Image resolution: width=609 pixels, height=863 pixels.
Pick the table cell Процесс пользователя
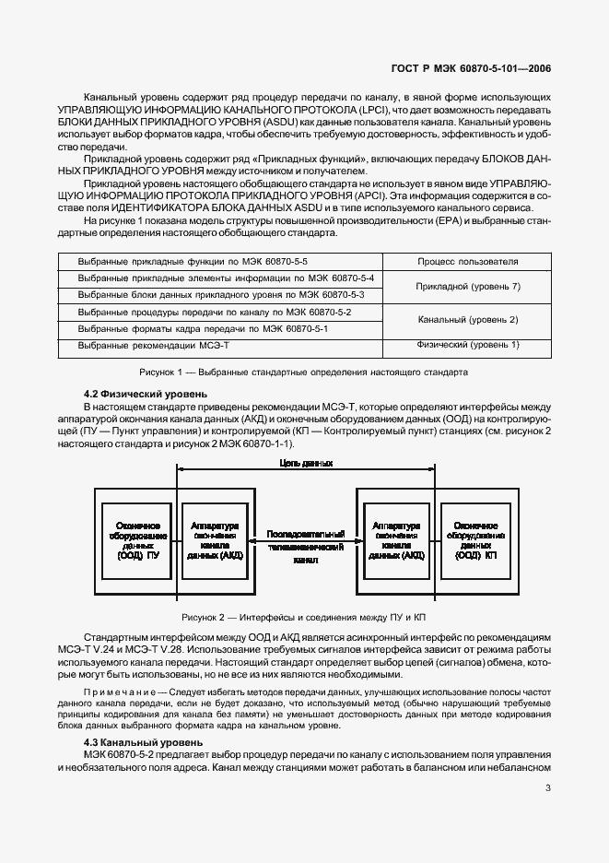[x=467, y=262]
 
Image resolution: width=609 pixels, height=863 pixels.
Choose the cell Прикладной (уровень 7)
[x=467, y=287]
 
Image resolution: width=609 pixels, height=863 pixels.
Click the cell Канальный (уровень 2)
[x=467, y=320]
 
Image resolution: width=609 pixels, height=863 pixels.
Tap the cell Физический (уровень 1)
[x=467, y=345]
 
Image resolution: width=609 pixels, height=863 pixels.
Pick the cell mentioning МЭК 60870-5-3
[x=221, y=294]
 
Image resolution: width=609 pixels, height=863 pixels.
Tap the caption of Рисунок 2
[x=304, y=617]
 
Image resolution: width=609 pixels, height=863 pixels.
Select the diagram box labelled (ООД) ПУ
[x=132, y=539]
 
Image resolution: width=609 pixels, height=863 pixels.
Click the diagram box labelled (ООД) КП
[x=477, y=539]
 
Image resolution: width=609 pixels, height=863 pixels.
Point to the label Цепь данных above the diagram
[x=305, y=465]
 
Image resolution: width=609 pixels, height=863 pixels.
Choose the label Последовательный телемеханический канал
[x=305, y=547]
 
